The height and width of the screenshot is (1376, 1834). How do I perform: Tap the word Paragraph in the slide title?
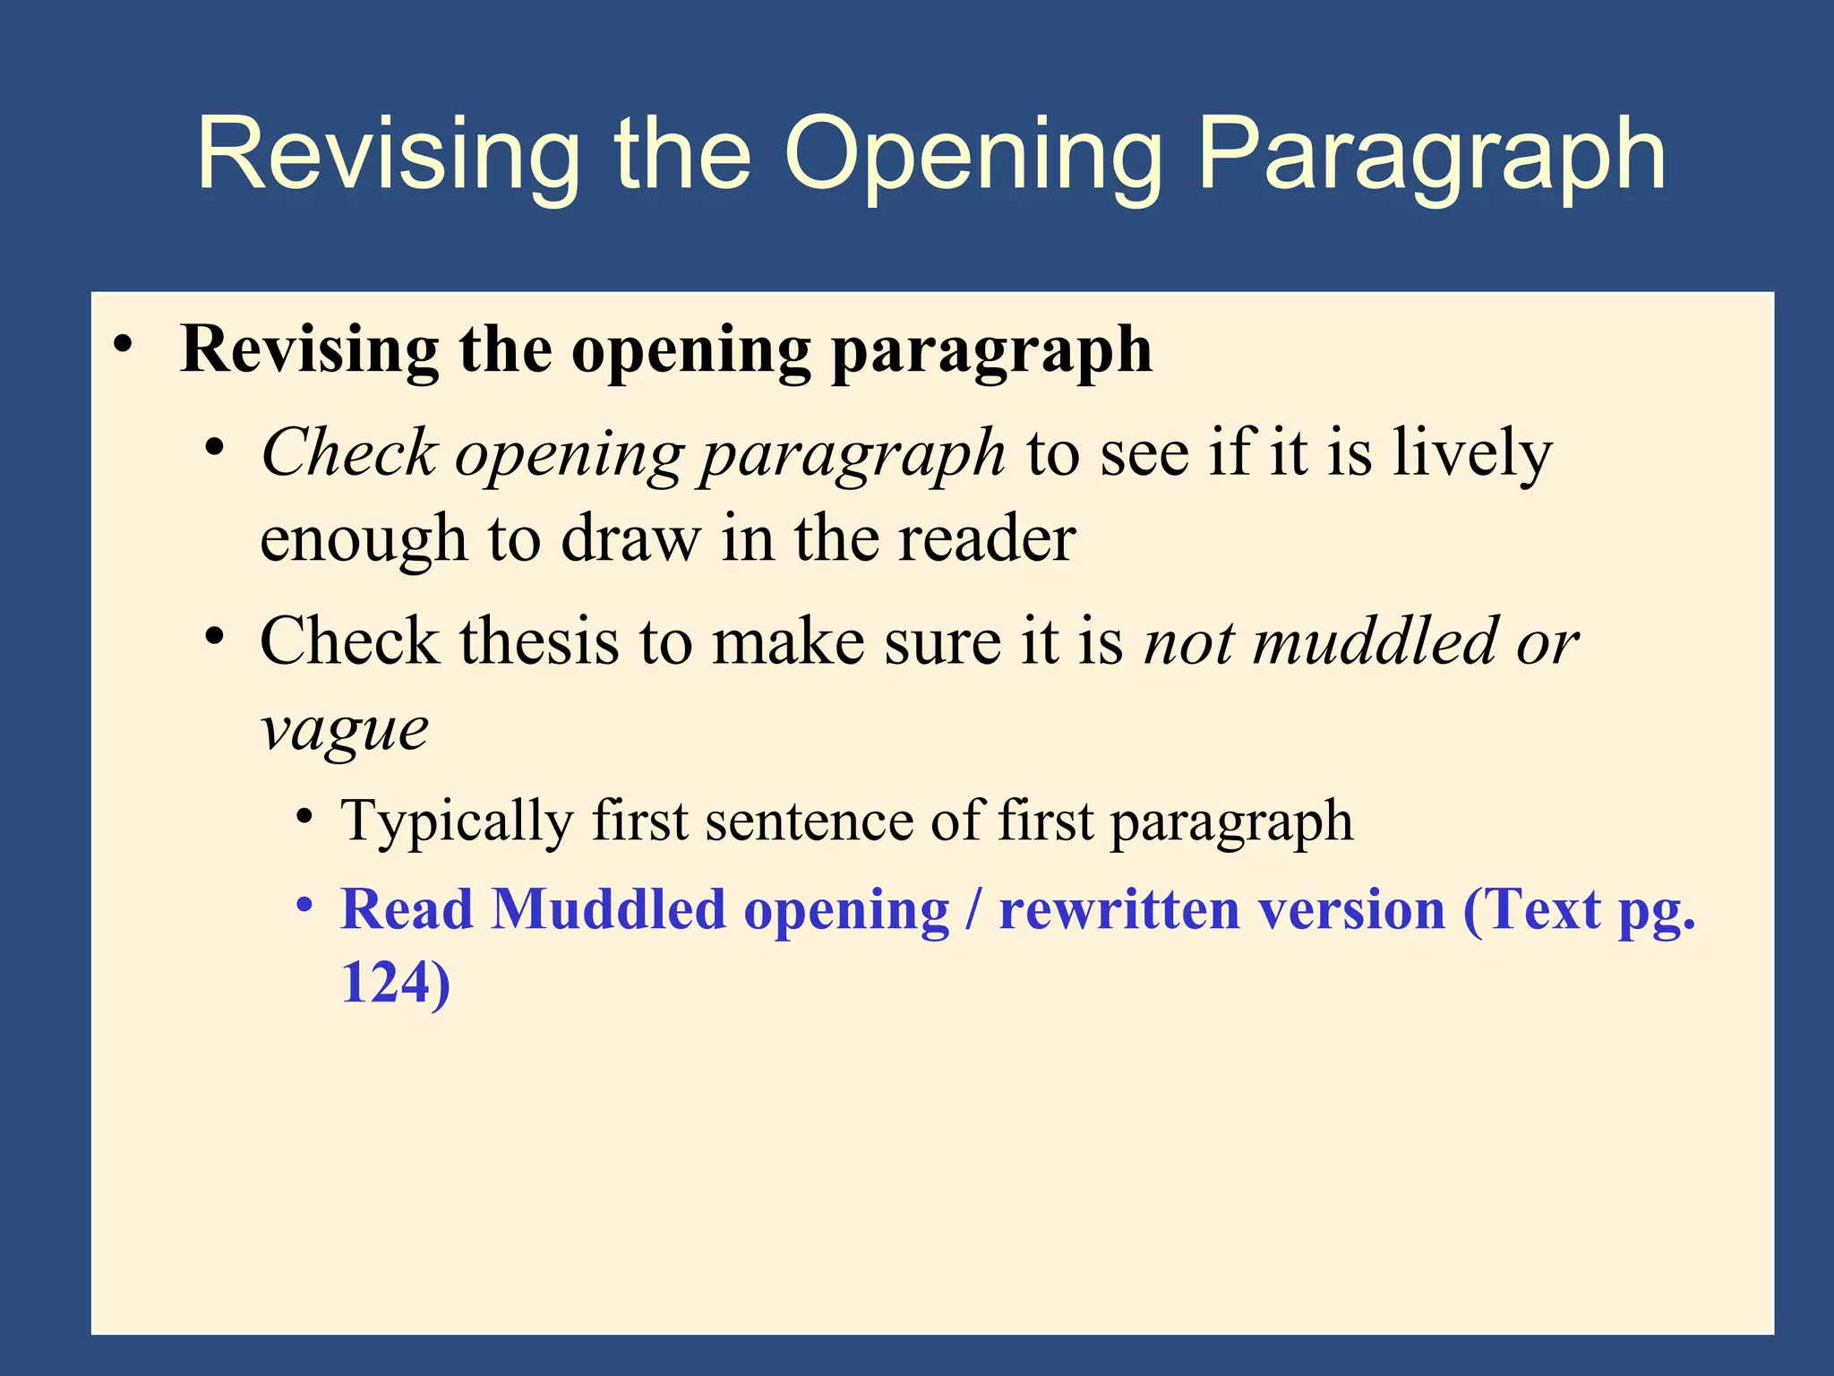click(x=1431, y=154)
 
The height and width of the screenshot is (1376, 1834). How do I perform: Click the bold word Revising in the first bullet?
click(x=309, y=349)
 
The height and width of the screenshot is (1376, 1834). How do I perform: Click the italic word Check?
click(x=348, y=452)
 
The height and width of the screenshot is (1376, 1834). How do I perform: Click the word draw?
click(x=630, y=539)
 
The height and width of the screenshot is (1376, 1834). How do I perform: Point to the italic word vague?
click(x=344, y=730)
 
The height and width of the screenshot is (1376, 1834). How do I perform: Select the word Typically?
click(x=457, y=821)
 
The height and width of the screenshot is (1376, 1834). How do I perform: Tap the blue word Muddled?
click(x=608, y=910)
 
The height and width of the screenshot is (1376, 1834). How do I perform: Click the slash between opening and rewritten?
click(x=973, y=910)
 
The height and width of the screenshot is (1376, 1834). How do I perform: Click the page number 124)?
click(x=395, y=983)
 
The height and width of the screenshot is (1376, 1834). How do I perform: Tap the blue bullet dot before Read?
click(x=305, y=905)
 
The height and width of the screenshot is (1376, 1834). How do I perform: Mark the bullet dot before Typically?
click(x=305, y=817)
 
